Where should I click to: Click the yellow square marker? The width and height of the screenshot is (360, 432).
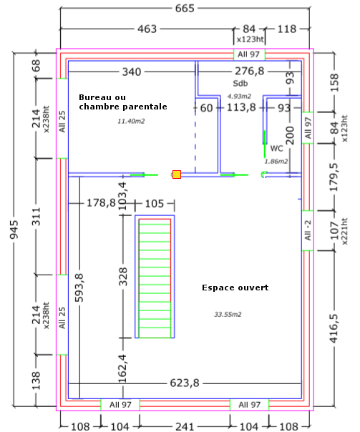coord(177,175)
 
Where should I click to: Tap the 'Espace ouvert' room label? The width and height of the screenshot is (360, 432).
coord(235,288)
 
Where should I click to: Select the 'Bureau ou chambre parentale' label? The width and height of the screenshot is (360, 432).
coord(123,102)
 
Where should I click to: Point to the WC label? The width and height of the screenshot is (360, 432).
coord(276,149)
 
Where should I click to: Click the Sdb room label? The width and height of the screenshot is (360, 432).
coord(240,83)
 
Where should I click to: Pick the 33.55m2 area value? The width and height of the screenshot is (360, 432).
coord(228,315)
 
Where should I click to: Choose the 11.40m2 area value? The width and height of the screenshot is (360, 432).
coord(131,121)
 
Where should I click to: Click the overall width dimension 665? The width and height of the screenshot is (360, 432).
coord(185,9)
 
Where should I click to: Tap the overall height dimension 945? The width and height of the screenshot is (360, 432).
coord(14,230)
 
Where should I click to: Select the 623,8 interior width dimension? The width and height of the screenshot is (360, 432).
coord(185,383)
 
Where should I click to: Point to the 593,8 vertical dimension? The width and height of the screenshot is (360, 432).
coord(79,288)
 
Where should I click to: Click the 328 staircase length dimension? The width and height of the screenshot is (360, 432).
coord(123,276)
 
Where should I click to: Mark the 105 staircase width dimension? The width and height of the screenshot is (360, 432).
coord(155,204)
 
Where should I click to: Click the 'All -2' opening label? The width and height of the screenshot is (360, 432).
coord(308,230)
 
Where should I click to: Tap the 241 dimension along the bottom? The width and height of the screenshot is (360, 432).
coord(185,426)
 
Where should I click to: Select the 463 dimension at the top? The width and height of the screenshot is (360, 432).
coord(147,29)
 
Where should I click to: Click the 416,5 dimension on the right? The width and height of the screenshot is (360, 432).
coord(334,328)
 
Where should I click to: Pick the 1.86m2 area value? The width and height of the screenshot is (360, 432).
coord(276,162)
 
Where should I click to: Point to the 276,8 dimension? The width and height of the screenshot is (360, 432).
coord(250,72)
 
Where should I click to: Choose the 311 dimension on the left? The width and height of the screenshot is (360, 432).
coord(37,217)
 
